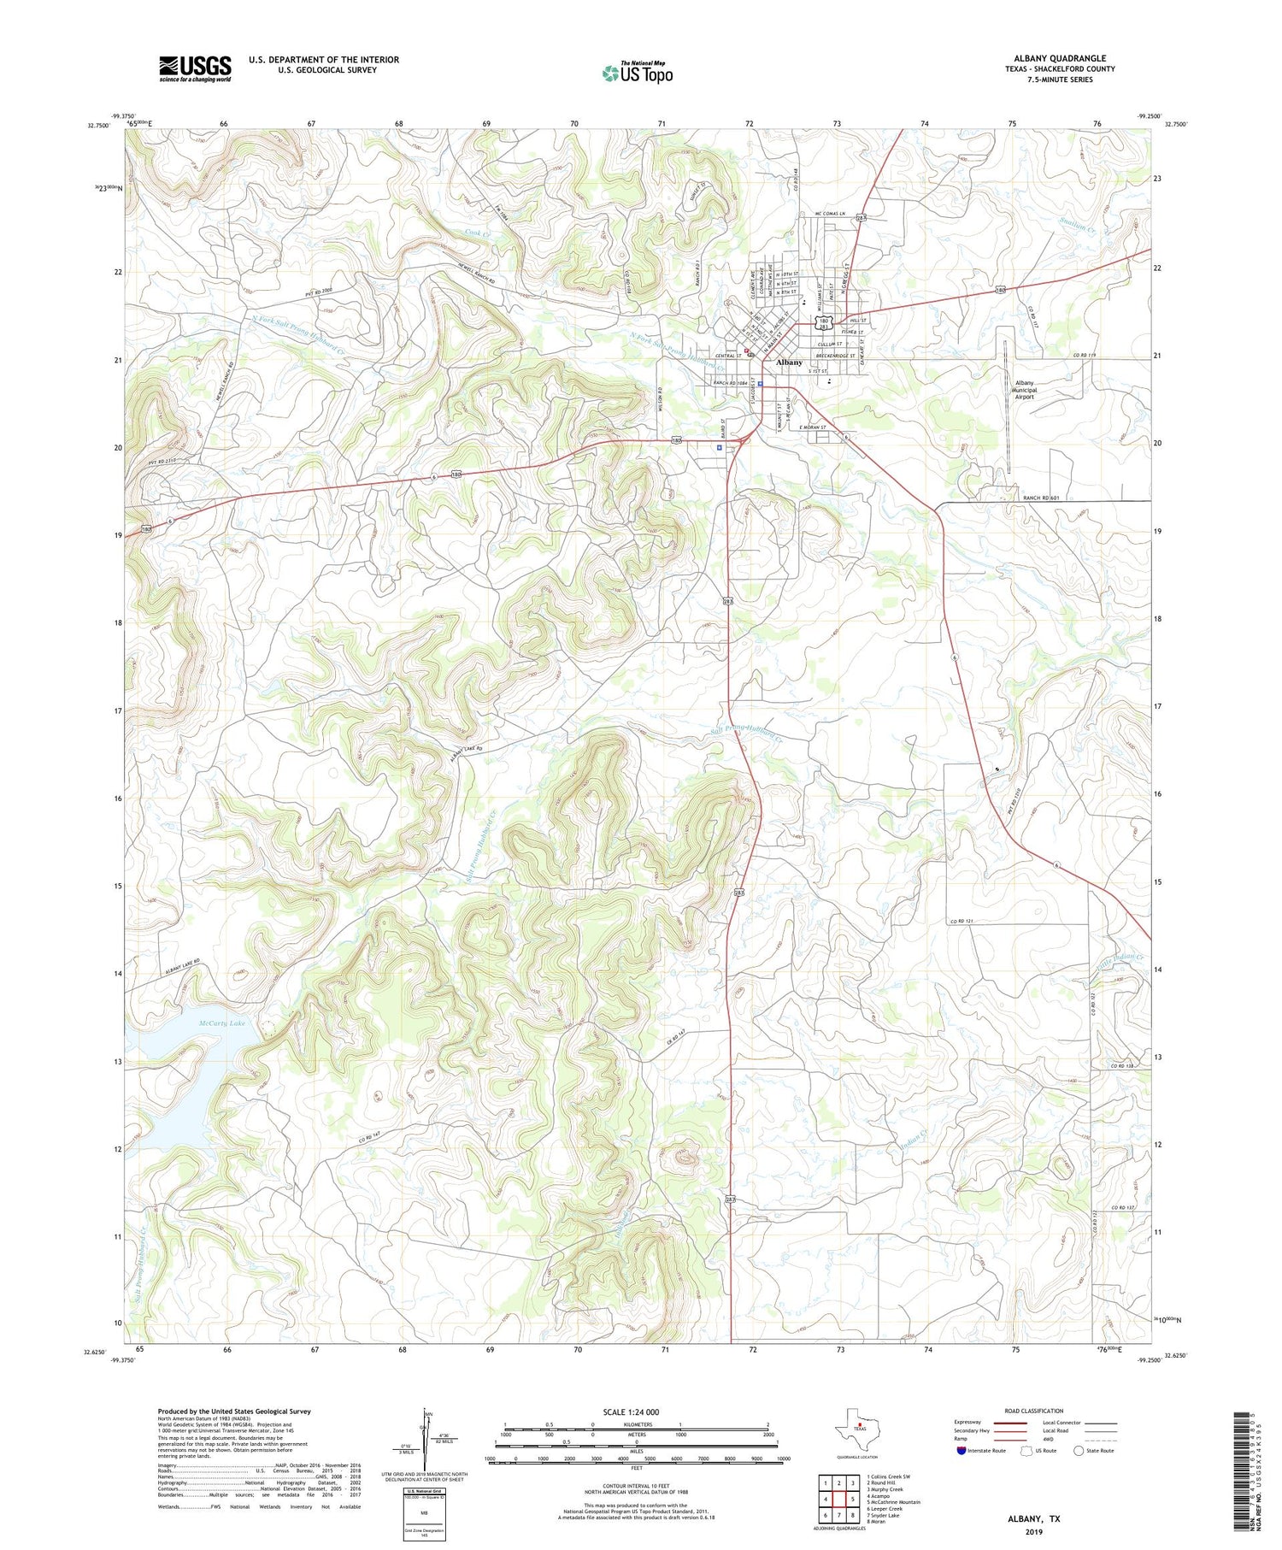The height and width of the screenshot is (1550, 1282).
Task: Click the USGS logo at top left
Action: point(195,68)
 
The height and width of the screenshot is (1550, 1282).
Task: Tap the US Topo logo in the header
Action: point(637,73)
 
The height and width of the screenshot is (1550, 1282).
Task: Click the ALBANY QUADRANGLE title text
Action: point(1060,58)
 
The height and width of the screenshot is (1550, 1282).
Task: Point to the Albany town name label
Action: point(789,362)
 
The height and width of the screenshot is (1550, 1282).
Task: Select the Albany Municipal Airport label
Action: point(1024,390)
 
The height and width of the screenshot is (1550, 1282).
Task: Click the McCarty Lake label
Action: point(221,1023)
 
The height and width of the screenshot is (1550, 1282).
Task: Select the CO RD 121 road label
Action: point(961,921)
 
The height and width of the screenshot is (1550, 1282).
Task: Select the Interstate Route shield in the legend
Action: point(961,1451)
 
